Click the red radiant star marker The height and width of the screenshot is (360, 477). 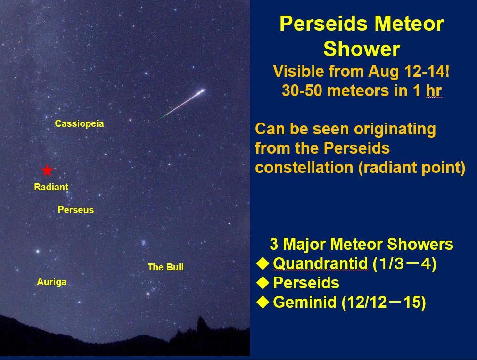[47, 170]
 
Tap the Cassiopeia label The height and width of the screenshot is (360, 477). [79, 123]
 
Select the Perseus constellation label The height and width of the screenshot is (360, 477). [76, 210]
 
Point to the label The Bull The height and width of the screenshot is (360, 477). [165, 267]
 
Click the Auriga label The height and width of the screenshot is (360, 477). [51, 282]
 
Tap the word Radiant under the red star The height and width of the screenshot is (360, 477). [51, 187]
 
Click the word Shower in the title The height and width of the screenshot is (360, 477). [362, 49]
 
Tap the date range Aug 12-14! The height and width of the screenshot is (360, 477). [409, 72]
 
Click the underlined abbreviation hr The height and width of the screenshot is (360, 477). [434, 90]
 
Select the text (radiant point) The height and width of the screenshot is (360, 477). [412, 168]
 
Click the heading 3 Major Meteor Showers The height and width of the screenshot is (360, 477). [362, 244]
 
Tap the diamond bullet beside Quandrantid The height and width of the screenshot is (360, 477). [263, 263]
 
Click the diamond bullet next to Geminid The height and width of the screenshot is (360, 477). [263, 302]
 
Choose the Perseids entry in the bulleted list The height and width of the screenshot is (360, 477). [306, 283]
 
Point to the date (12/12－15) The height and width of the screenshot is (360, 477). [384, 303]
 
